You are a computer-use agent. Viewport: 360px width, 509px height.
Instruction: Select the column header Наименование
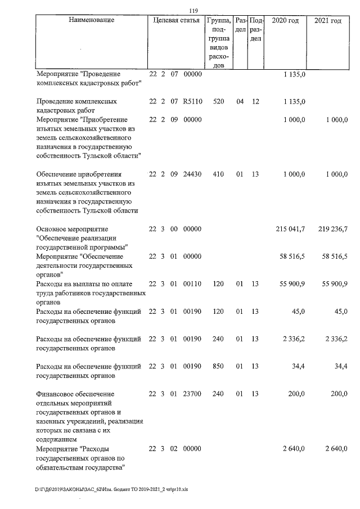coord(91,21)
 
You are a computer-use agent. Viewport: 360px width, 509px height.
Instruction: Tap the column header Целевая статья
coord(176,21)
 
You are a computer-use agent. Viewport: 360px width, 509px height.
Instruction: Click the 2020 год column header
coord(285,21)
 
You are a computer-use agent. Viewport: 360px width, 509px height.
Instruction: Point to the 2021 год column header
coord(328,21)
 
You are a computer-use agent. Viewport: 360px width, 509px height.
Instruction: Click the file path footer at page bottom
coord(111,489)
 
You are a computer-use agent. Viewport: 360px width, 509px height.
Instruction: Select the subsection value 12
coord(255,102)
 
